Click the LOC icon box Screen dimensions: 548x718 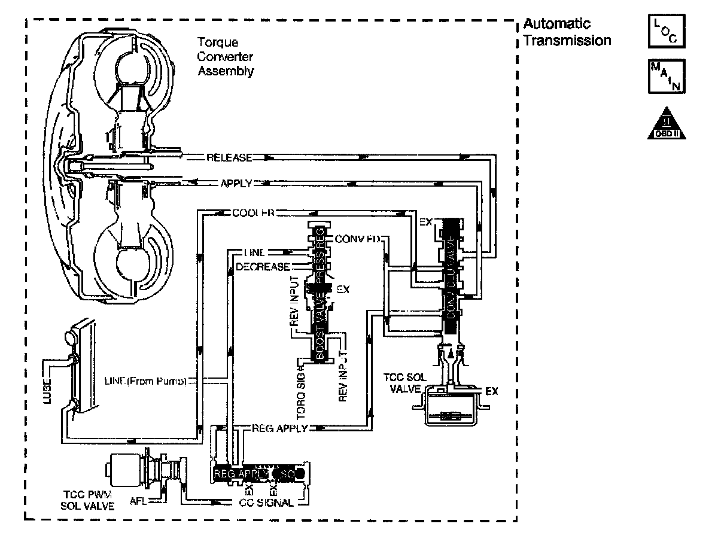[x=667, y=31]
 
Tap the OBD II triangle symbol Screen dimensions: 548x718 [x=667, y=124]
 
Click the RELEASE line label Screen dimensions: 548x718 [x=229, y=159]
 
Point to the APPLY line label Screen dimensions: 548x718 [x=237, y=184]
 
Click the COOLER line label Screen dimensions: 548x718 [x=254, y=213]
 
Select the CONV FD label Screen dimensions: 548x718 [x=357, y=239]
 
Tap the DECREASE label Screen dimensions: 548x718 [x=263, y=266]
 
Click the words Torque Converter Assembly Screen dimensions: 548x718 [x=226, y=57]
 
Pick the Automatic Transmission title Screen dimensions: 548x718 [x=567, y=32]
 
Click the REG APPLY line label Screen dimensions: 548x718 [x=280, y=428]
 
